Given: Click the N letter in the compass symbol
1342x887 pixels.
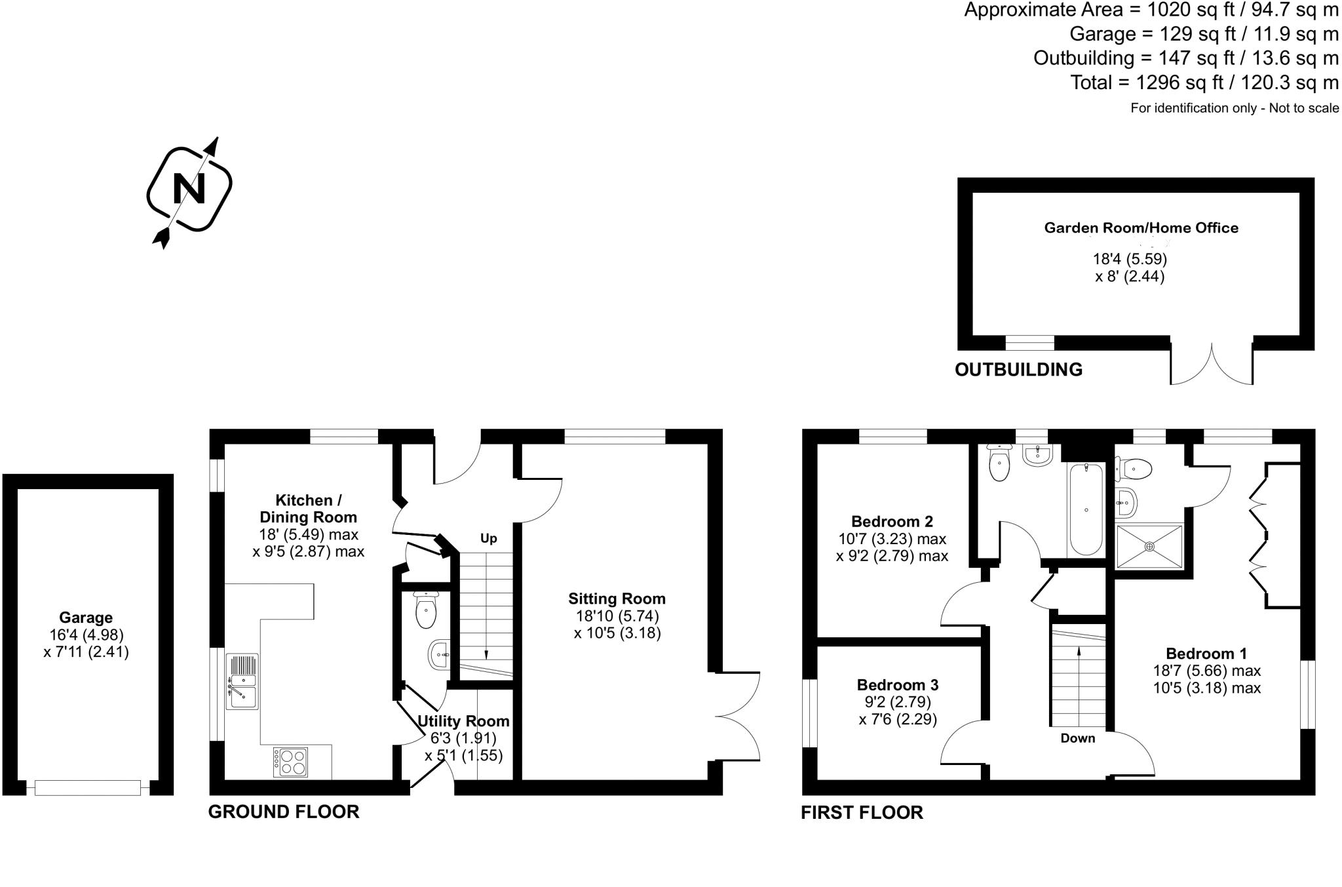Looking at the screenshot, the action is (x=189, y=189).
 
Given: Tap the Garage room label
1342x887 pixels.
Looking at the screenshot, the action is (x=86, y=618).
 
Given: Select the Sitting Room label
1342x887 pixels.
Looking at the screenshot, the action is (x=617, y=599).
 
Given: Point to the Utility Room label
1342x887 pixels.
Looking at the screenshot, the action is (x=463, y=721).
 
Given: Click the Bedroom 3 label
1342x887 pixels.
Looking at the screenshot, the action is (x=898, y=685).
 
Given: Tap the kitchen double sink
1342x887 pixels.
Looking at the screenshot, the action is (x=242, y=681).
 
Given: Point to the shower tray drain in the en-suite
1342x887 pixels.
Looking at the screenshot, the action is (x=1150, y=546).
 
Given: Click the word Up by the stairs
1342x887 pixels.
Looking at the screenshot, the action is (x=489, y=539).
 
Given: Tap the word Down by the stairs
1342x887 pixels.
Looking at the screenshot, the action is (x=1078, y=738).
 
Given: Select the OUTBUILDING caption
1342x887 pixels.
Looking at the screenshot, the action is (x=1018, y=370).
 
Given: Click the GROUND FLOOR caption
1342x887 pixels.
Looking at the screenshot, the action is (x=284, y=812).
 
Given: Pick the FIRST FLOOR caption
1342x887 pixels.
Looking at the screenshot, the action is (x=862, y=813).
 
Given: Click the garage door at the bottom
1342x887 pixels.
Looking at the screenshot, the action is (x=88, y=787).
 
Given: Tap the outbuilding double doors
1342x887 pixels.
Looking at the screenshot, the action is (x=1212, y=364).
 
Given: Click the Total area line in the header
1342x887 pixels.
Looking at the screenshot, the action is (x=1204, y=83).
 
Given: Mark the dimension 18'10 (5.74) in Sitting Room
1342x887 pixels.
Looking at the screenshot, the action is (x=617, y=616).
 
